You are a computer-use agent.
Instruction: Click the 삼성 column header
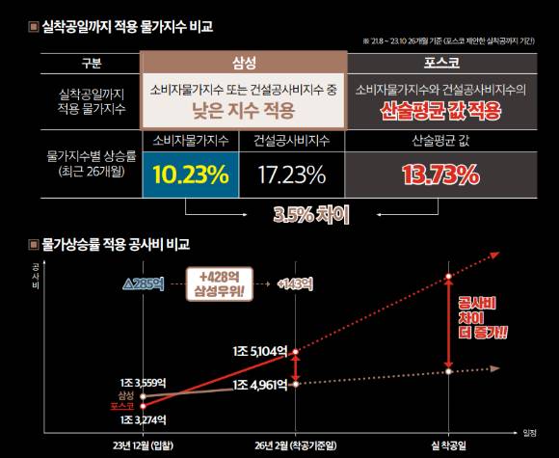(244, 63)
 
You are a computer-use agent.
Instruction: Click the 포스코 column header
(440, 63)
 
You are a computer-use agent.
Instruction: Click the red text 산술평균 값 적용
(440, 110)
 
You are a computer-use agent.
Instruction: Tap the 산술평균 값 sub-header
(440, 141)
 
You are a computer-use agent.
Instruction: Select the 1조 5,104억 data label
(260, 350)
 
